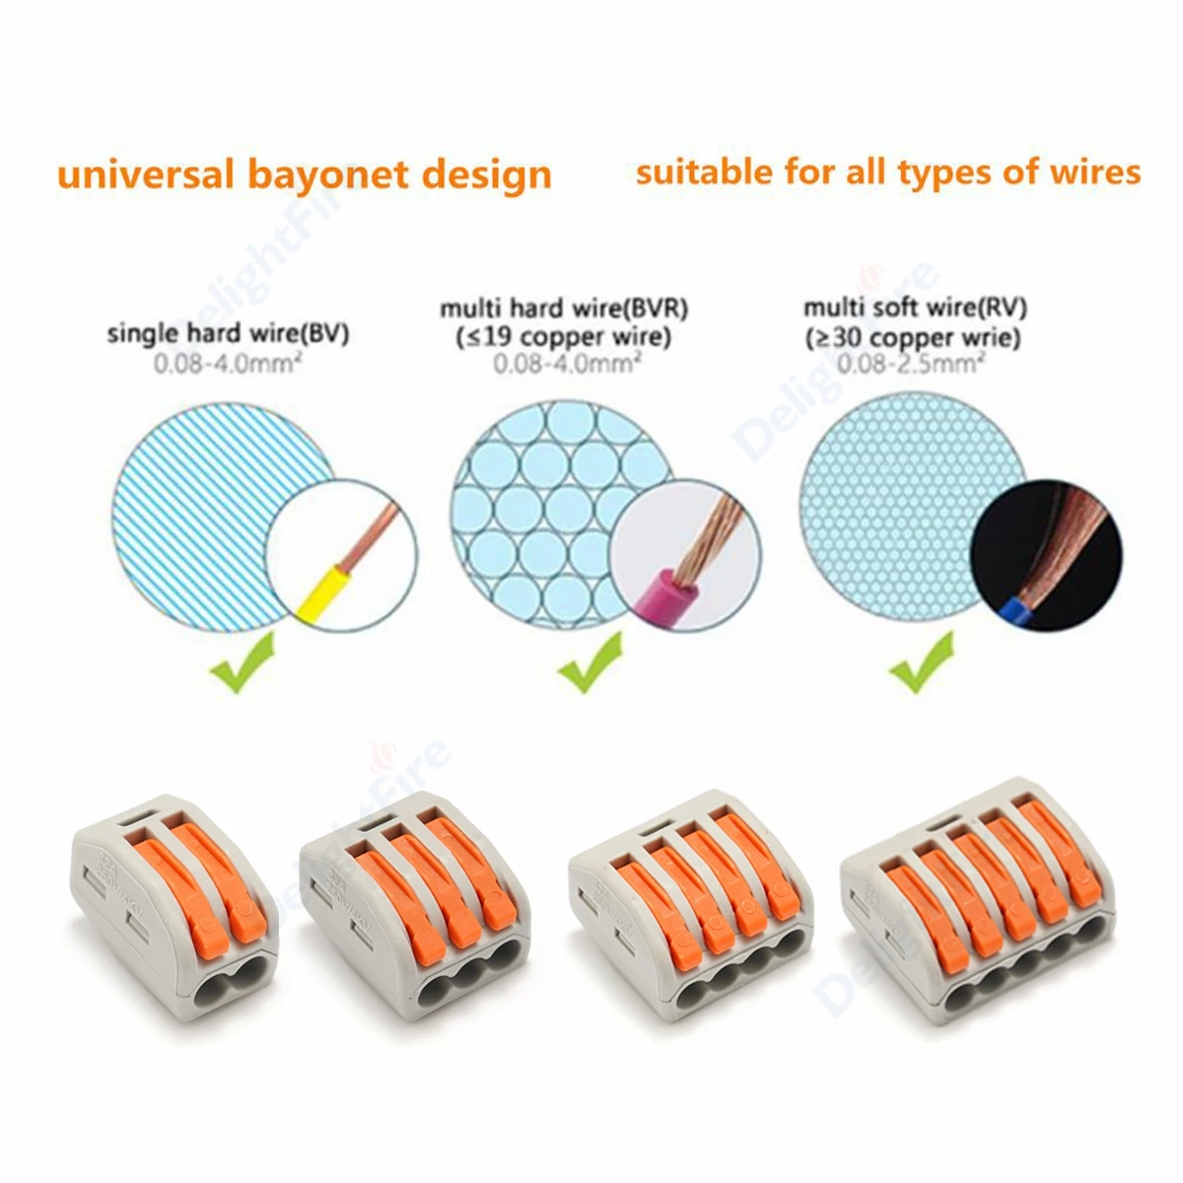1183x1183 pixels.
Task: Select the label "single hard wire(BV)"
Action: tap(228, 334)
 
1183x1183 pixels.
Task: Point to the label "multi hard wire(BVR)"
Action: tap(564, 309)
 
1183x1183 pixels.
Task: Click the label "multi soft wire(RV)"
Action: tap(915, 309)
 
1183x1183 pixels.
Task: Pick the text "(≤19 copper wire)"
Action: tap(564, 337)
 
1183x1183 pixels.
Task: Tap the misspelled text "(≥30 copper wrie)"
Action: tap(914, 337)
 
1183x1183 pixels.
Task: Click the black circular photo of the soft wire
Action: tap(1046, 552)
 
